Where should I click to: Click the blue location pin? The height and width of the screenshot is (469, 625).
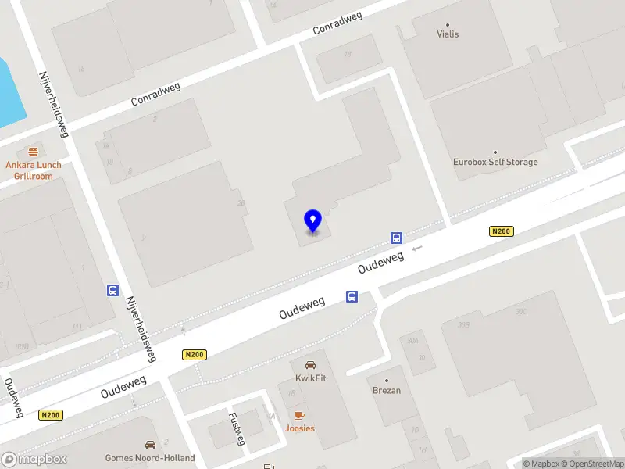[x=312, y=220]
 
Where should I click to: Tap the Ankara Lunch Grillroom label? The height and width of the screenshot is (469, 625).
[x=33, y=170]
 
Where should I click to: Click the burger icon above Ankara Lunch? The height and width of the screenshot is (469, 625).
[x=33, y=152]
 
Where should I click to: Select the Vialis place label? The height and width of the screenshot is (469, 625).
[x=448, y=34]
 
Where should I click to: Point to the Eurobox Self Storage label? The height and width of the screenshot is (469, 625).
[x=495, y=163]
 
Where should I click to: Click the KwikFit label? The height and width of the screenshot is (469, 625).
[x=310, y=378]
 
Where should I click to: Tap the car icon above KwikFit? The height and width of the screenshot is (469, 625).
[x=310, y=365]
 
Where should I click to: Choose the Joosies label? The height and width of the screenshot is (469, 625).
[x=299, y=428]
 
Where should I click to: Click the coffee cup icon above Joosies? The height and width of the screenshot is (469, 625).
[x=298, y=415]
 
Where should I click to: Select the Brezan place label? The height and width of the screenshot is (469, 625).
[x=386, y=391]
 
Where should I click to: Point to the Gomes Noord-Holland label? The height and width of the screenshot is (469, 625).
[x=150, y=458]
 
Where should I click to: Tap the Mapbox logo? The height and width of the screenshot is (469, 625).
[x=34, y=459]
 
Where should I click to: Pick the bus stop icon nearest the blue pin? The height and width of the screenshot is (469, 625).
[x=397, y=238]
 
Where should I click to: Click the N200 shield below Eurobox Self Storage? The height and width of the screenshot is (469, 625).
[x=501, y=231]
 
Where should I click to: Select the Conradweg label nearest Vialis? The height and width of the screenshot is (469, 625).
[x=337, y=23]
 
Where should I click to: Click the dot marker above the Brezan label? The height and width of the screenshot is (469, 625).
[x=386, y=380]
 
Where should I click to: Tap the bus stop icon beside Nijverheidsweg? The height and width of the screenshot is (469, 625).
[x=113, y=291]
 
